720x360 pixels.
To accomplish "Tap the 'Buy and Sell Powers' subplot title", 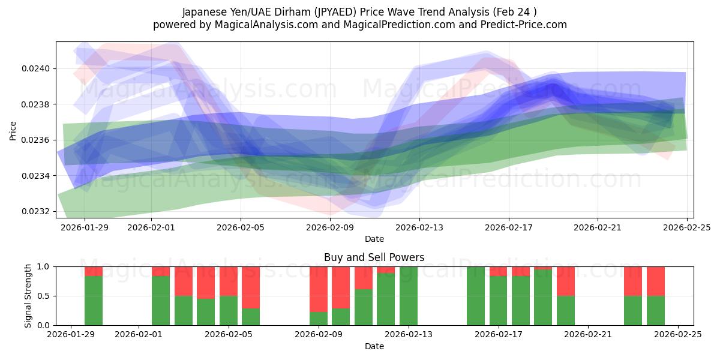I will (x=374, y=257).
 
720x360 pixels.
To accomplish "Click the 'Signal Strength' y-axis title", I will (x=28, y=296).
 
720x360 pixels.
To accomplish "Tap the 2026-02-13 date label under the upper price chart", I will (x=419, y=227).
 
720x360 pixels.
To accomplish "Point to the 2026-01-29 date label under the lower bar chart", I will (x=71, y=335).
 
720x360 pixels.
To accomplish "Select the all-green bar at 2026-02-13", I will (x=409, y=296).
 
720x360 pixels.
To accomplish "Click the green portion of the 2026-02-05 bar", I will (x=229, y=310).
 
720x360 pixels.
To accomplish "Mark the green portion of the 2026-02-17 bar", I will (x=499, y=301).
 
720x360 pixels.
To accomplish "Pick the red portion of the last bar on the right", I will (x=656, y=281).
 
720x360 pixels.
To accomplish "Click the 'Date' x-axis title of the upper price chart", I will (x=374, y=239).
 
